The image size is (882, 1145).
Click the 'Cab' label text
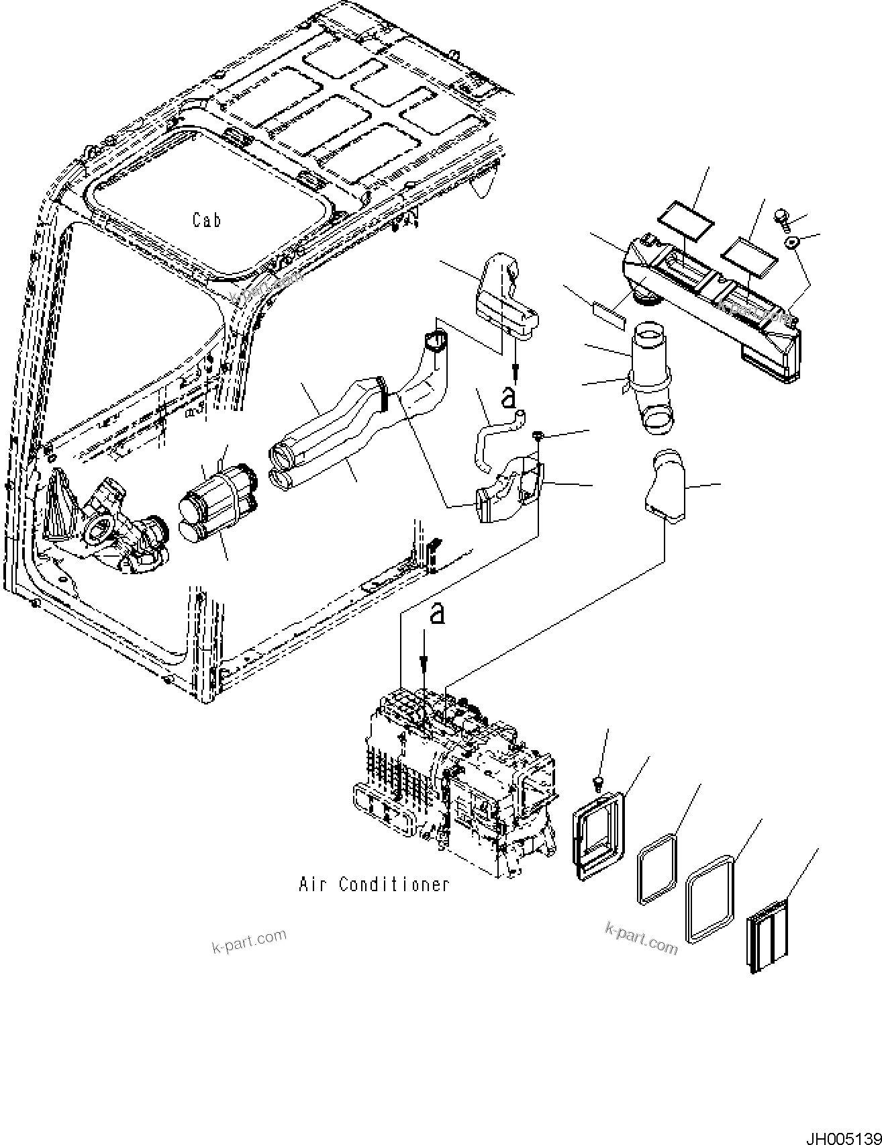(x=207, y=220)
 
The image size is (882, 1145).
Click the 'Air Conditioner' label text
(x=374, y=884)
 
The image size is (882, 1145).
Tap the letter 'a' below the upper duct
(x=508, y=397)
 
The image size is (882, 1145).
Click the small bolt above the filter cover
(x=599, y=782)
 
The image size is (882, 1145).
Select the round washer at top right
(x=792, y=242)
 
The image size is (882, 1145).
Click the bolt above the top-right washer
(x=781, y=216)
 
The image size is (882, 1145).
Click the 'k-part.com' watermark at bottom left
(x=249, y=940)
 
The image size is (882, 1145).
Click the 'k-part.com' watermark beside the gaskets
(x=641, y=937)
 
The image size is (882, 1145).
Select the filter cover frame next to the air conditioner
(x=597, y=835)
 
